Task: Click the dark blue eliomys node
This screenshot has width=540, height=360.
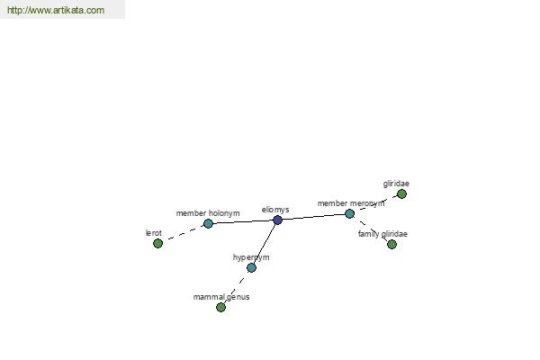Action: [x=277, y=220]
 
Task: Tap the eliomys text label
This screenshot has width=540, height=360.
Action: [x=275, y=210]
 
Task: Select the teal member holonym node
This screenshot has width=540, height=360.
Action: [x=208, y=223]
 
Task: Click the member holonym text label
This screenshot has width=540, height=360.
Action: [x=208, y=213]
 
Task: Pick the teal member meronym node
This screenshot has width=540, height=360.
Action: [x=349, y=214]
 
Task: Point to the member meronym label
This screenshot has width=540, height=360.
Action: [x=351, y=203]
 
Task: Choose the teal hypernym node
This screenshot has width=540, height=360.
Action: [x=252, y=267]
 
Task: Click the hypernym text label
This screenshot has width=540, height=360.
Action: [x=251, y=257]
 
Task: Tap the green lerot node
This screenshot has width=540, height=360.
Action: [x=157, y=244]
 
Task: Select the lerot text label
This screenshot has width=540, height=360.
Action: [x=154, y=233]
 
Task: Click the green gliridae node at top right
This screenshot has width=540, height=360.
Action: [x=401, y=194]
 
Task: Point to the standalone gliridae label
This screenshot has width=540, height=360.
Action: [x=396, y=184]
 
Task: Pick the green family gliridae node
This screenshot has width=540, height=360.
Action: [x=391, y=244]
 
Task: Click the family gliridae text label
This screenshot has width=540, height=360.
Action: [x=382, y=234]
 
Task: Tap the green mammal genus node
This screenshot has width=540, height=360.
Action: [x=220, y=307]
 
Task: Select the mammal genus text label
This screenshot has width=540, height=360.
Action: [x=221, y=297]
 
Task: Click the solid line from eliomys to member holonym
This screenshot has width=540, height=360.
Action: [x=243, y=222]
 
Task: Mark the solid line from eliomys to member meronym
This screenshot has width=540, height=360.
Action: [x=313, y=217]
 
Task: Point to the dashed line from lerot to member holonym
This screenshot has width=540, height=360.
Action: [x=183, y=234]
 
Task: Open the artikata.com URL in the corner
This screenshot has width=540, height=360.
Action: [x=56, y=10]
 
